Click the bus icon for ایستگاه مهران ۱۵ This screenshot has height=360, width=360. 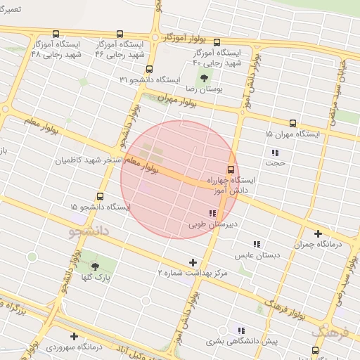(292, 122)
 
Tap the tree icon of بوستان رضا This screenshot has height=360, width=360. (204, 77)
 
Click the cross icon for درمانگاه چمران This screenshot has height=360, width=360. (318, 233)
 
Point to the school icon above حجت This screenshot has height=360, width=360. (274, 153)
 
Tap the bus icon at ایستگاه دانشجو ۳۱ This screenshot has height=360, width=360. (149, 69)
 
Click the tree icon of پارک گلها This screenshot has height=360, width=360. (96, 266)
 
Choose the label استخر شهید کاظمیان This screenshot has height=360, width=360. (90, 160)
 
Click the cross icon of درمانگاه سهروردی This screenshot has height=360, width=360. (75, 336)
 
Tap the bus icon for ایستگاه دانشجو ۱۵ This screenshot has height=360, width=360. (100, 196)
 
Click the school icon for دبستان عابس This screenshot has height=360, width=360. (257, 244)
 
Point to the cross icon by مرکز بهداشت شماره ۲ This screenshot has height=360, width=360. (193, 262)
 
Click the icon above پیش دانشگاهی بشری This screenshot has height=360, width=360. (241, 330)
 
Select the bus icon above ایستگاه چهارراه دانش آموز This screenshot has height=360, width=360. (230, 169)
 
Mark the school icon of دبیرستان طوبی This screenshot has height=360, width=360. (212, 213)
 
